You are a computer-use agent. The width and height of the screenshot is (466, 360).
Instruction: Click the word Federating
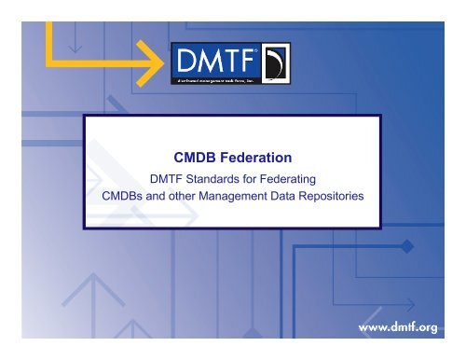coord(295,180)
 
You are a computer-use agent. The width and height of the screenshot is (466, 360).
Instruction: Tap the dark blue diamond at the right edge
coord(406,245)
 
